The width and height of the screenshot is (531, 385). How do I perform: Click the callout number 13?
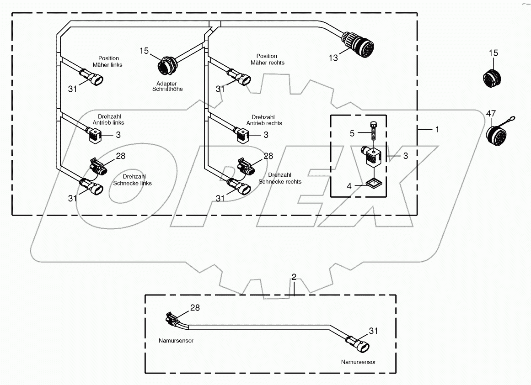333,58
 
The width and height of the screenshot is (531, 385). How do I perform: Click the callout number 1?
437,129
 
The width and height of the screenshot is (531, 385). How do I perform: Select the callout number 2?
294,277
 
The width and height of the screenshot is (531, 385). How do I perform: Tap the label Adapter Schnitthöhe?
167,86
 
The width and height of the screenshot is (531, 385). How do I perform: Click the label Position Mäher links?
108,62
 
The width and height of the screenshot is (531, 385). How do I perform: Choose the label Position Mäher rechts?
267,59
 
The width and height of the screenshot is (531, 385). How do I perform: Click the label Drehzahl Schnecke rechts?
280,178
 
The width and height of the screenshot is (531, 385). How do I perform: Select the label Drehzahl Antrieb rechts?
264,120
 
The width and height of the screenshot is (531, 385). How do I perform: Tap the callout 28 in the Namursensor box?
195,308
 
